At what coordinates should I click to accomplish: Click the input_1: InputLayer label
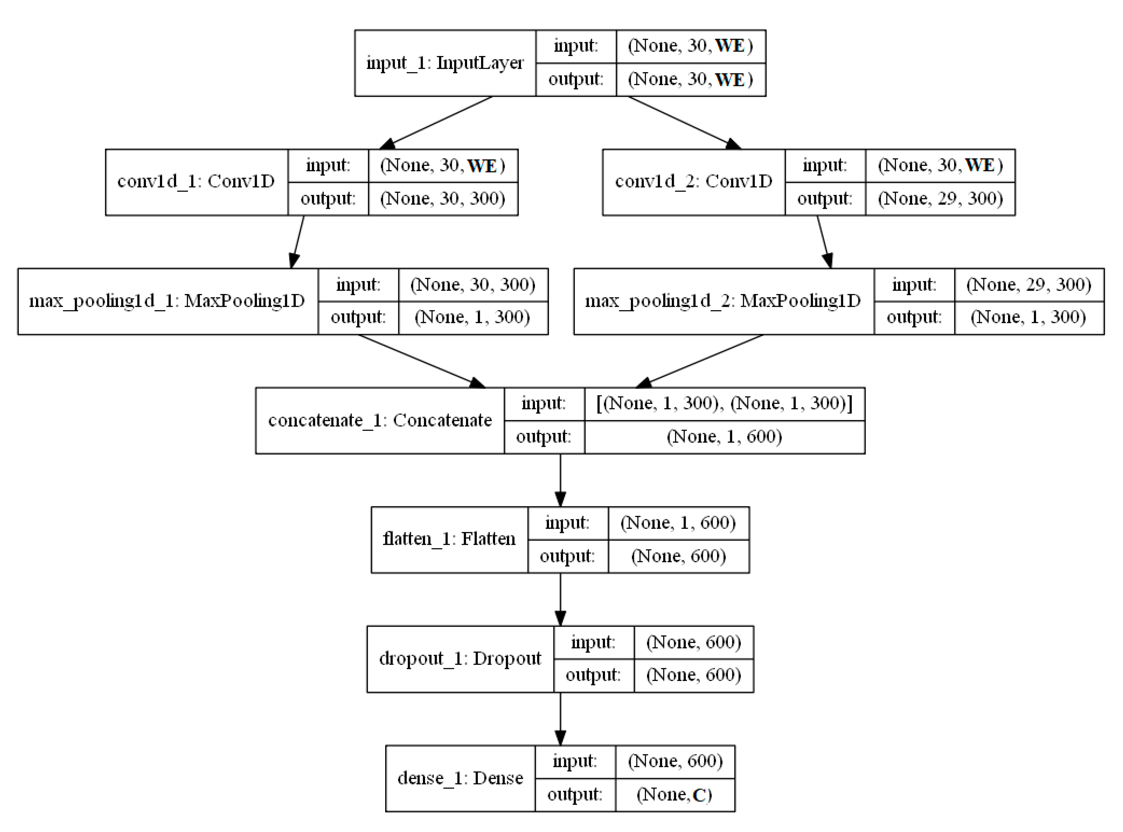click(445, 63)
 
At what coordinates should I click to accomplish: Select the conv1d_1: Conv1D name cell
click(196, 182)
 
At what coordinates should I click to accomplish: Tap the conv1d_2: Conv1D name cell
click(693, 182)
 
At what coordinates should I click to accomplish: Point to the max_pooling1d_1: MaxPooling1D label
click(167, 301)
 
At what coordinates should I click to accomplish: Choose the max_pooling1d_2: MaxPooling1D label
click(723, 301)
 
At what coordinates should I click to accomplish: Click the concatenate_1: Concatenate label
click(380, 421)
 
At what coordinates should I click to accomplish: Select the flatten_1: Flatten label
click(449, 539)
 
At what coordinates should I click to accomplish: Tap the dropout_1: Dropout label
click(460, 659)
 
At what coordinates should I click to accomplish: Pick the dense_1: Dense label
click(460, 778)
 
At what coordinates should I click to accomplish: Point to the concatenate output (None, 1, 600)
click(724, 437)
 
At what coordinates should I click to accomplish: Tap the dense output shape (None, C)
click(674, 795)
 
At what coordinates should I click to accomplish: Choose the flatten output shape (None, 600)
click(678, 556)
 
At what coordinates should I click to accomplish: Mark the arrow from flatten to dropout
click(560, 599)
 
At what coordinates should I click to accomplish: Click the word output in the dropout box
click(593, 675)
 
